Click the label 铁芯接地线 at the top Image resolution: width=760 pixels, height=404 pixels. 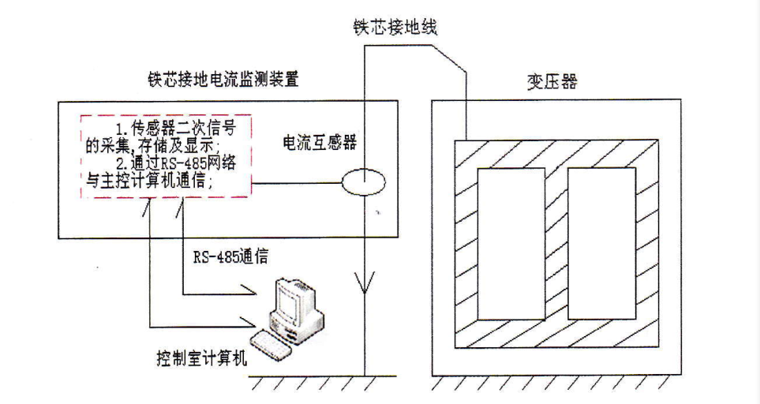pos(395,28)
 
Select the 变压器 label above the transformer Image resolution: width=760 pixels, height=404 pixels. pos(552,81)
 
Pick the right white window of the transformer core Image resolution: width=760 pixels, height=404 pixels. pos(601,244)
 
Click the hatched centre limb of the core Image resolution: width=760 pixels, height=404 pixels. pos(556,244)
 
